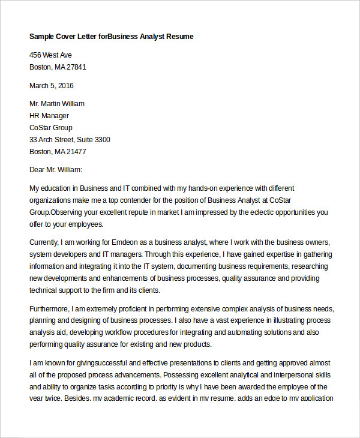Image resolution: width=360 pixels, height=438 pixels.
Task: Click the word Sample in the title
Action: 42,37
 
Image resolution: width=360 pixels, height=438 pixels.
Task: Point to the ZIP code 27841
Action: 76,67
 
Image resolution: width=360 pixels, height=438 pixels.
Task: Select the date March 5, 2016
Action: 52,85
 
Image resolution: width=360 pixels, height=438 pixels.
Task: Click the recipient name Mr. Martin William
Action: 57,104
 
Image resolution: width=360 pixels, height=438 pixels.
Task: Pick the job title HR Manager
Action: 49,116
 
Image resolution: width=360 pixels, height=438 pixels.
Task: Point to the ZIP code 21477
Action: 76,152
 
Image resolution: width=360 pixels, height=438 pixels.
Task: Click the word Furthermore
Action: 50,308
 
